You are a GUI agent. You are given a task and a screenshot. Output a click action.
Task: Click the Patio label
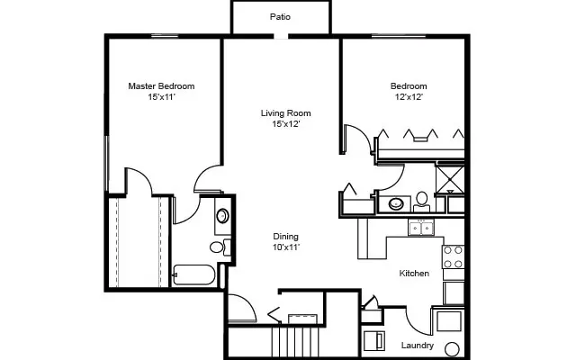click(280, 16)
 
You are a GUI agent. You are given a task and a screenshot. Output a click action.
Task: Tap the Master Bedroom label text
click(161, 86)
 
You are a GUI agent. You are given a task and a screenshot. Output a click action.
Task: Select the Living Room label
click(285, 113)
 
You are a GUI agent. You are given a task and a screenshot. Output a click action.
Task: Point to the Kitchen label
click(414, 273)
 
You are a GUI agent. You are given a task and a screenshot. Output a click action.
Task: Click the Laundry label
click(418, 346)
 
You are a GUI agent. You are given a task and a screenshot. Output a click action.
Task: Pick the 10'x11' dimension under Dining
click(286, 247)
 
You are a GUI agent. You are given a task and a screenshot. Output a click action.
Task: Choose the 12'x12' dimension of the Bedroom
click(408, 96)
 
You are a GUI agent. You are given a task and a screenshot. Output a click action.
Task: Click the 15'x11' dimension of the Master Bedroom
click(161, 96)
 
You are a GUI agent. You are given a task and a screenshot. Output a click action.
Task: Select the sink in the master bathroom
click(221, 216)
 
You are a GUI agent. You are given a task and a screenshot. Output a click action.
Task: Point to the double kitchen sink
click(421, 228)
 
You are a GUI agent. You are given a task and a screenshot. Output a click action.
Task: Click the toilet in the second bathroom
click(421, 199)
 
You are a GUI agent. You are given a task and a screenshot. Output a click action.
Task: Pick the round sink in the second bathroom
click(396, 204)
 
